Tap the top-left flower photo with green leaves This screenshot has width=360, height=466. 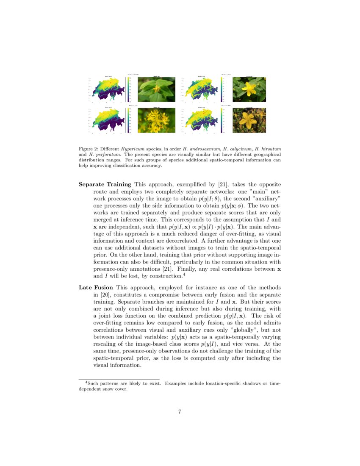156,89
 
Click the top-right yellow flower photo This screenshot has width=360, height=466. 249,89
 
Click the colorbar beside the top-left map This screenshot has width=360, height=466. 128,89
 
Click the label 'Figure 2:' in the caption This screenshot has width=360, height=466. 89,149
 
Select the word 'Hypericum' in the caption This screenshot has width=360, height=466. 131,149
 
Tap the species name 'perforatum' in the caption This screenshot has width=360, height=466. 100,155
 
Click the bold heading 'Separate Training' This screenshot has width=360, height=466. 105,185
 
